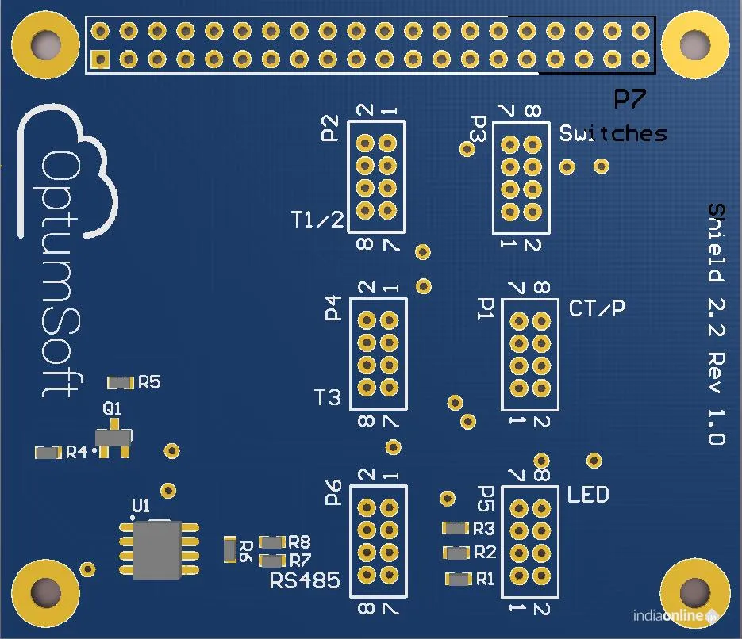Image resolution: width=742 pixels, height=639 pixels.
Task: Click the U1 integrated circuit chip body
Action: tap(156, 549)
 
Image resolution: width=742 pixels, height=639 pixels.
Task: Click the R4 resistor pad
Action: tap(48, 453)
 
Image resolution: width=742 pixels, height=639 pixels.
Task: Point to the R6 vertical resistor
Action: tap(230, 549)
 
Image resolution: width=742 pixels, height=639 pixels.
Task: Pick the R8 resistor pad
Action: tap(272, 542)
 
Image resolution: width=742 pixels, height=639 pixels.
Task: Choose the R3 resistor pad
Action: tap(456, 528)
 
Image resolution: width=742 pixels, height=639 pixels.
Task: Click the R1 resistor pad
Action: tap(459, 579)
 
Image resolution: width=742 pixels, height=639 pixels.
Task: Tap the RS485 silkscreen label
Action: tap(305, 581)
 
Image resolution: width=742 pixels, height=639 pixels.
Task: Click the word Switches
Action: tap(613, 133)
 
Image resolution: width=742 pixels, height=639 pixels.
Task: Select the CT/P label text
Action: tap(597, 308)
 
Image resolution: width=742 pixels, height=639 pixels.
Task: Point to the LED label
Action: tap(588, 496)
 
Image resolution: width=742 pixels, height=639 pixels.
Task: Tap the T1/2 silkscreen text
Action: tap(317, 220)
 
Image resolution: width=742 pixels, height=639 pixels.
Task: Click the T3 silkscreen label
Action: tap(328, 396)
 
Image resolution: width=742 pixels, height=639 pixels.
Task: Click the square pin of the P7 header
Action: tap(100, 59)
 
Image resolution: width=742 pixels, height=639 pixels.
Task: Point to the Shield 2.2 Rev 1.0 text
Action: tap(715, 323)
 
